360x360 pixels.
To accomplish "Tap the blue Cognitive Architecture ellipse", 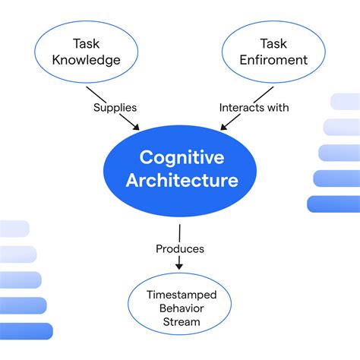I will pos(180,169).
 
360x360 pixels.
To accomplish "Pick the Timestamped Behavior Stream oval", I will pos(180,307).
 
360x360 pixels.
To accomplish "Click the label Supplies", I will pos(115,107).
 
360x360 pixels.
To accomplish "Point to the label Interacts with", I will pos(254,107).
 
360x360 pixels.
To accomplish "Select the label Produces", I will pos(180,248).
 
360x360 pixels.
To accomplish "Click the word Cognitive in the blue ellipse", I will pos(182,157).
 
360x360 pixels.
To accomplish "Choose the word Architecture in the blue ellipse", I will pos(182,181).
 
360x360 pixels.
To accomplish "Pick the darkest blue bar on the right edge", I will pos(333,204).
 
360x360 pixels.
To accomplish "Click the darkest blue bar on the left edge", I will pos(26,330).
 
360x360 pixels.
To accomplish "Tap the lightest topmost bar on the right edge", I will pos(346,102).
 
